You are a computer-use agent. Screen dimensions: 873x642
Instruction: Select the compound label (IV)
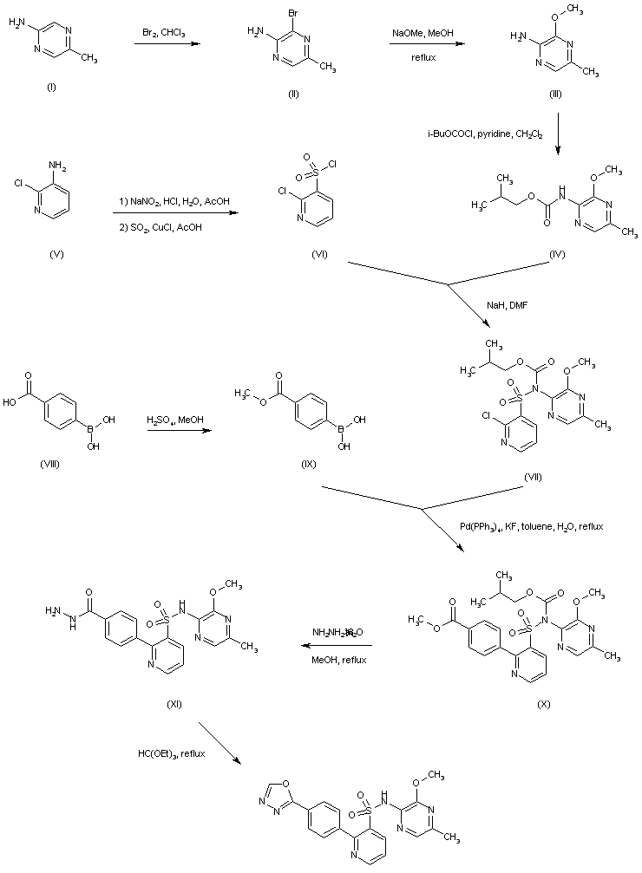click(x=559, y=257)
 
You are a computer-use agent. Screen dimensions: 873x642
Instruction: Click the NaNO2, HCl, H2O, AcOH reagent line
click(x=175, y=201)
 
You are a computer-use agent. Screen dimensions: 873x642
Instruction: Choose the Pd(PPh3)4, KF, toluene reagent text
click(x=531, y=526)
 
